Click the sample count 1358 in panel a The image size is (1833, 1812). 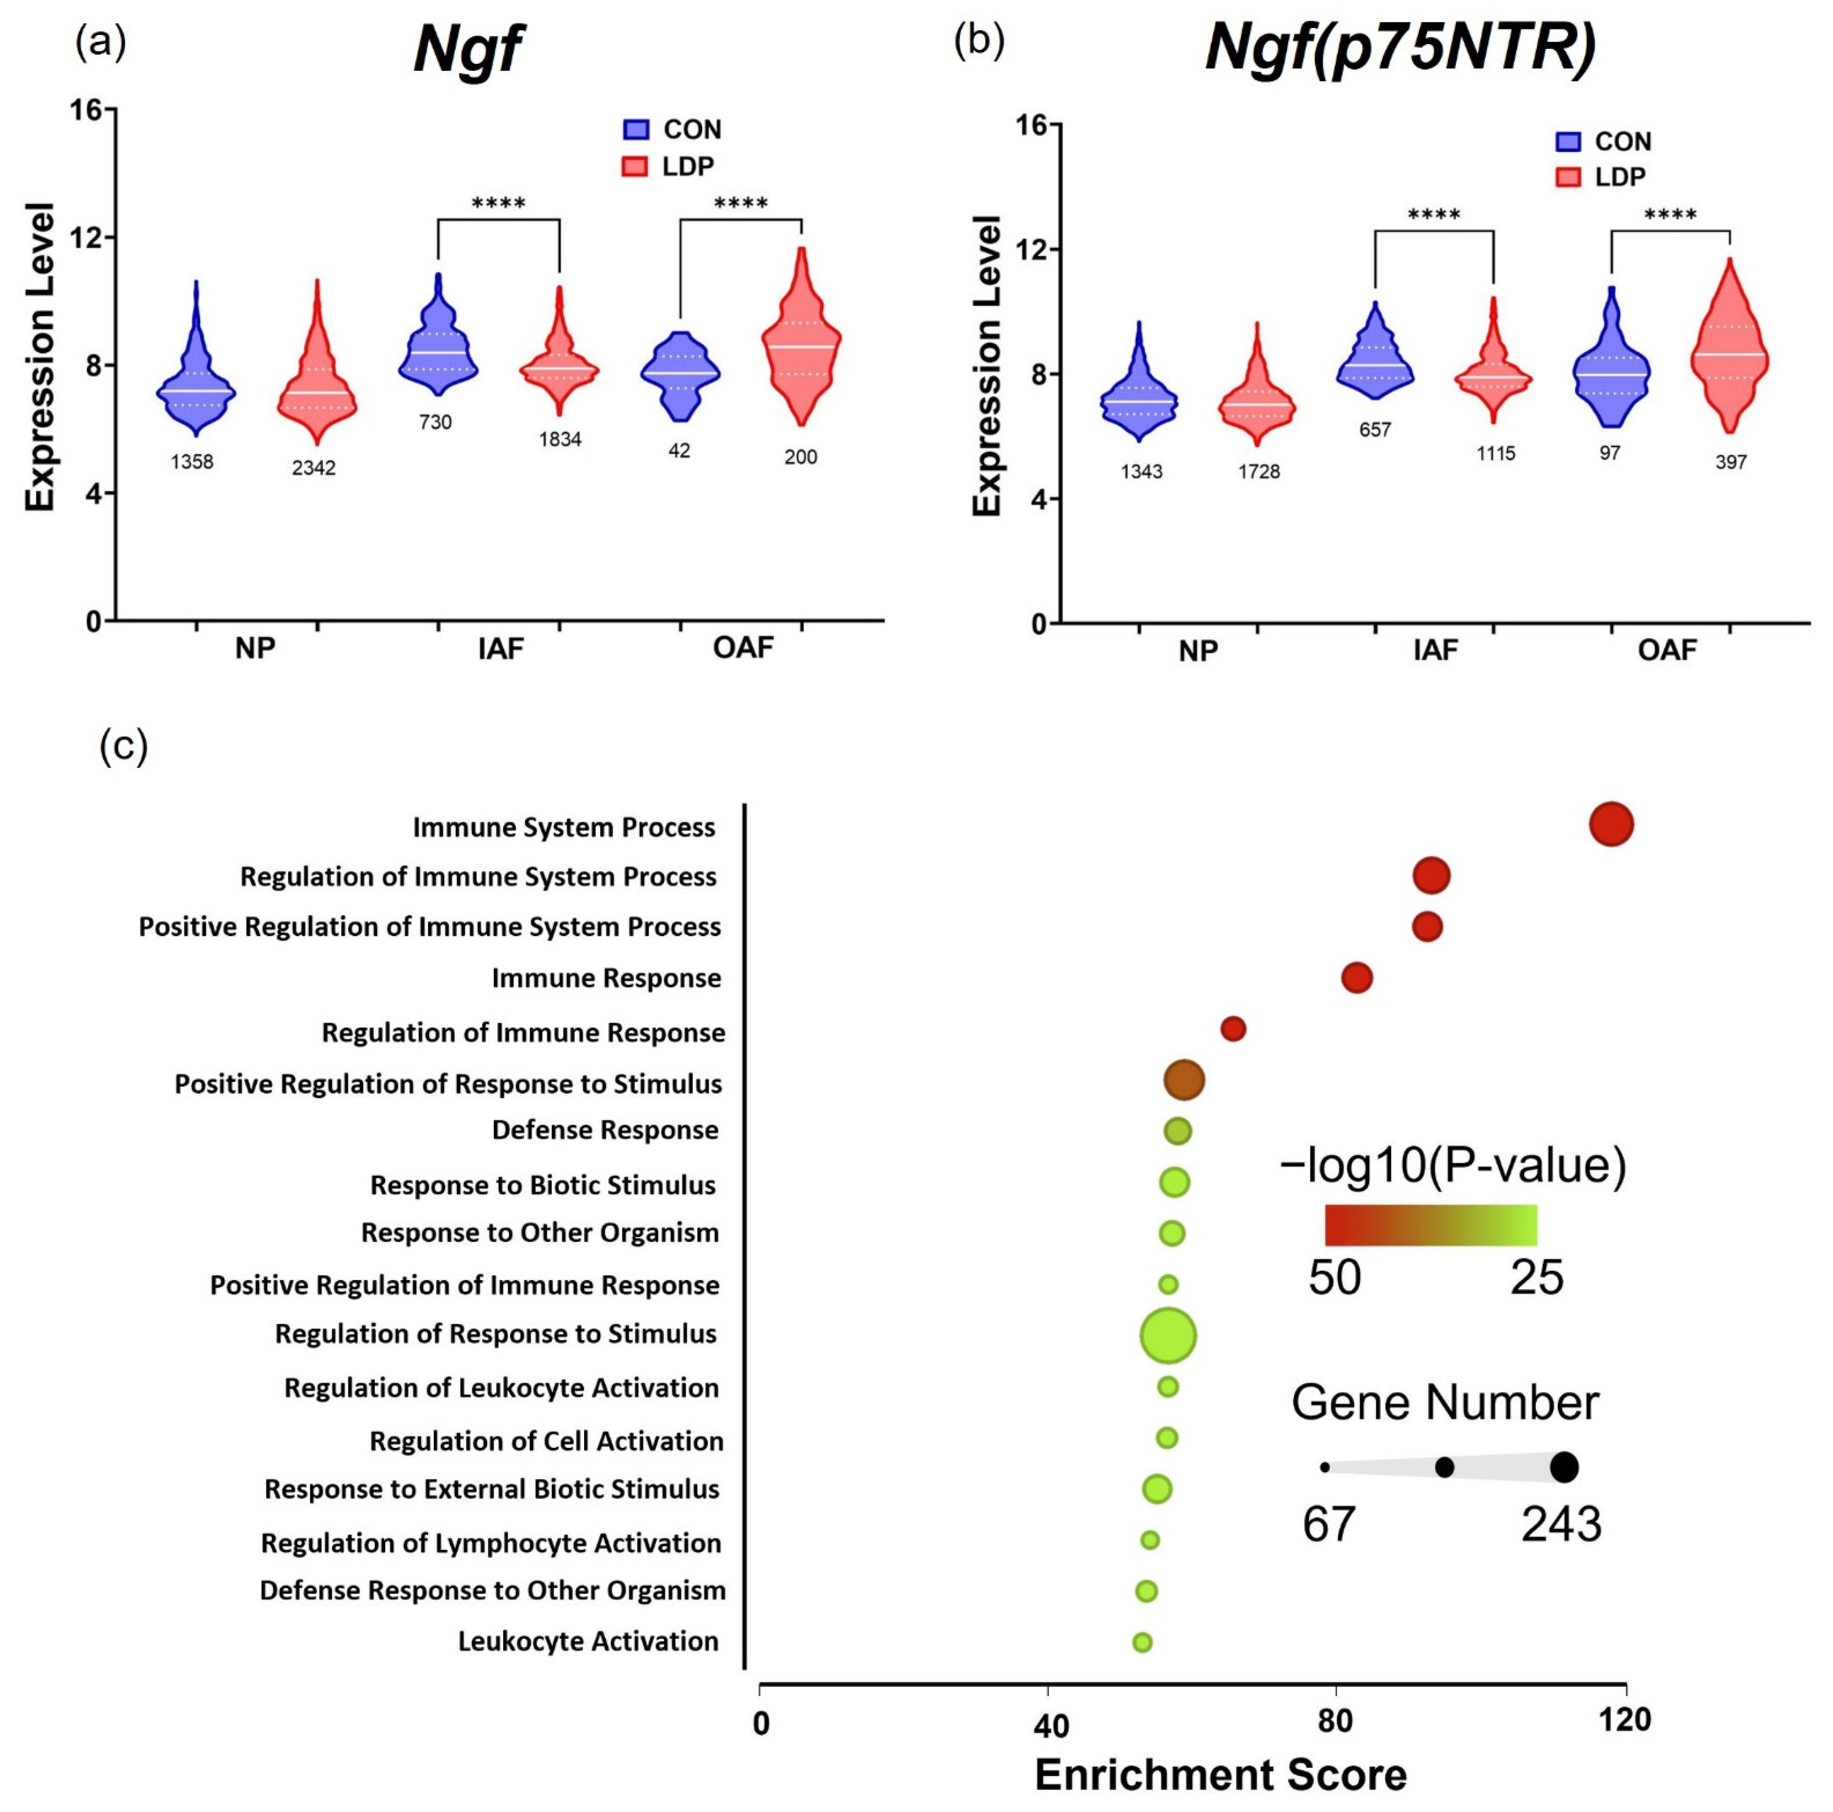pos(192,462)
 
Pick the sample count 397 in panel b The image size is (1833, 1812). pos(1730,462)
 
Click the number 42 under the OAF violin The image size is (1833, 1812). pos(679,451)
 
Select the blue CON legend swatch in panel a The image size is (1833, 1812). pos(635,129)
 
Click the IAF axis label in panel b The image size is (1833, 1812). pos(1435,651)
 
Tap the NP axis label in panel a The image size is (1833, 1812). pos(255,649)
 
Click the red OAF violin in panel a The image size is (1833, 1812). pos(802,342)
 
